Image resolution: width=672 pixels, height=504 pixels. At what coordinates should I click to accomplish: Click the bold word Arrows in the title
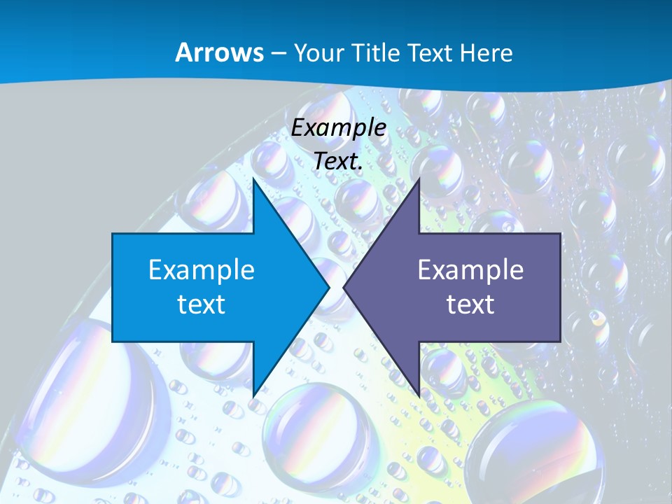tap(219, 52)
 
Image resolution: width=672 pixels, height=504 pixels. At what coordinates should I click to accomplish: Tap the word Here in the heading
tap(486, 52)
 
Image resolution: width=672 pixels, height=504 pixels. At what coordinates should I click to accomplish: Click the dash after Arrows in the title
tap(278, 53)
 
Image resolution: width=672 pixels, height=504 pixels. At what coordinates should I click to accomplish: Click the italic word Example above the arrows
tap(339, 128)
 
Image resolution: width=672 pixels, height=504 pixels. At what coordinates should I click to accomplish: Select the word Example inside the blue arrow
tap(202, 270)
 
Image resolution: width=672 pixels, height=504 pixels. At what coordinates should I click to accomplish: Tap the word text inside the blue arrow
tap(202, 304)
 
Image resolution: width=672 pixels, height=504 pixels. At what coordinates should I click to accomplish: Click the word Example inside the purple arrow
tap(470, 270)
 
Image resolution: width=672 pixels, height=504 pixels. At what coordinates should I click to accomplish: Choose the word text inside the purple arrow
tap(470, 304)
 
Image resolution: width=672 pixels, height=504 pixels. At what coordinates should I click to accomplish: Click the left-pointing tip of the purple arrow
tap(344, 287)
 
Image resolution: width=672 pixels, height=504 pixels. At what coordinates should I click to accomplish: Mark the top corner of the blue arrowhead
tap(253, 180)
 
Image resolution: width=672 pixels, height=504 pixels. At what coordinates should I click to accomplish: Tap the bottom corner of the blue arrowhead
tap(253, 395)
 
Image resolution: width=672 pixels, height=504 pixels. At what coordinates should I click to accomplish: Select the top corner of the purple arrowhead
tap(419, 180)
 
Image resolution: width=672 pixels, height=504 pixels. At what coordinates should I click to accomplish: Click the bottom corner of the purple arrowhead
tap(419, 395)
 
